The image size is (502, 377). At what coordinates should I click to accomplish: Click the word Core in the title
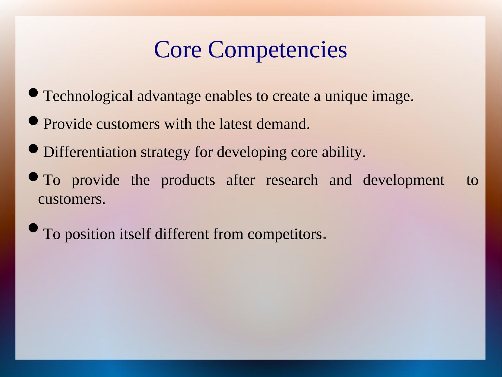click(x=178, y=49)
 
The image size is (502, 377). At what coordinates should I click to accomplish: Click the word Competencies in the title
click(x=277, y=51)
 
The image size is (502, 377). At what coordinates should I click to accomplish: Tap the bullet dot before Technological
click(x=33, y=93)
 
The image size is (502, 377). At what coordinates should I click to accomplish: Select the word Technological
click(x=88, y=96)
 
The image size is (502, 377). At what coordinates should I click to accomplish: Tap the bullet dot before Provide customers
click(x=33, y=121)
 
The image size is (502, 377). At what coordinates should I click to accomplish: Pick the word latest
click(x=236, y=124)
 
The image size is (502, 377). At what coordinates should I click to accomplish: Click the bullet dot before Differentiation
click(x=33, y=148)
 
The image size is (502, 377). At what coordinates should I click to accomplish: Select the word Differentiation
click(x=90, y=152)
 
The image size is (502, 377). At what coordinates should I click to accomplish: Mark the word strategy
click(x=165, y=153)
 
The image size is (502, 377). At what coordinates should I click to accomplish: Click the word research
click(x=292, y=180)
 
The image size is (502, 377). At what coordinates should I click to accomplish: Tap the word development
click(x=404, y=181)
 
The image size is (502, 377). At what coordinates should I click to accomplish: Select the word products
click(x=188, y=181)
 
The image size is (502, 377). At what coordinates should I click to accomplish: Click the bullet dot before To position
click(x=33, y=228)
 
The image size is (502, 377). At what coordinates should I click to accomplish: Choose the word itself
click(x=135, y=234)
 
